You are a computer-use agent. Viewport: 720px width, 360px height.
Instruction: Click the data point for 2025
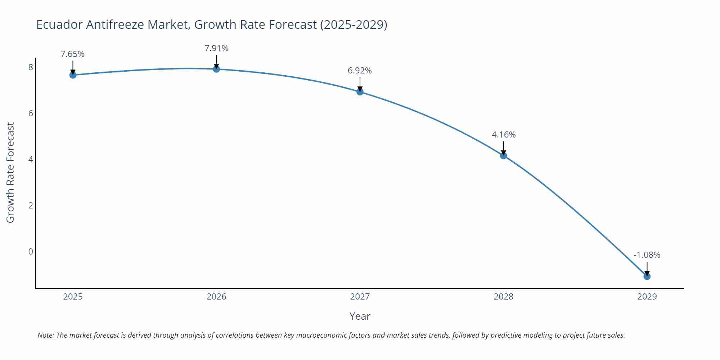pyautogui.click(x=73, y=75)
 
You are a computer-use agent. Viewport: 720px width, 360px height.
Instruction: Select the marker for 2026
pyautogui.click(x=216, y=69)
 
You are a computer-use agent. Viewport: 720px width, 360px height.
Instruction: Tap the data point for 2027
pyautogui.click(x=360, y=92)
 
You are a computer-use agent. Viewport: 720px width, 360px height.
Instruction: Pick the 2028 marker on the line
pyautogui.click(x=503, y=156)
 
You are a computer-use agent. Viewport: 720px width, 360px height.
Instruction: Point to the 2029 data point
pyautogui.click(x=647, y=276)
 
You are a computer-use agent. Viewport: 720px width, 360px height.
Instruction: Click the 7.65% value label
pyautogui.click(x=72, y=54)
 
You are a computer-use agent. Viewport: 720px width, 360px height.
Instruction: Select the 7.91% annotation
pyautogui.click(x=216, y=48)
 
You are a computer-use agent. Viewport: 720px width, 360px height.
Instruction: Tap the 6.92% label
pyautogui.click(x=360, y=71)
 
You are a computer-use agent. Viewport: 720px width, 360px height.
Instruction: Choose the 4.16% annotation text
pyautogui.click(x=503, y=135)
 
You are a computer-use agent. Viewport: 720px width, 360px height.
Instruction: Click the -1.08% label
pyautogui.click(x=647, y=255)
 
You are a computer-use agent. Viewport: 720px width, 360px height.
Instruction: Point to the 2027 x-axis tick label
pyautogui.click(x=360, y=297)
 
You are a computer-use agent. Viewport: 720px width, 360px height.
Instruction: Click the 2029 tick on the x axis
pyautogui.click(x=647, y=297)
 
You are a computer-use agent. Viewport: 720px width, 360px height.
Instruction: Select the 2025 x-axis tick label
pyautogui.click(x=73, y=297)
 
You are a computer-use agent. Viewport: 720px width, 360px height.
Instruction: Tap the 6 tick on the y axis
pyautogui.click(x=31, y=113)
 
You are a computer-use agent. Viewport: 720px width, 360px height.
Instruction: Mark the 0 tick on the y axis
pyautogui.click(x=31, y=251)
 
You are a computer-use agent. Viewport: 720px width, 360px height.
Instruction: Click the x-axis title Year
pyautogui.click(x=360, y=316)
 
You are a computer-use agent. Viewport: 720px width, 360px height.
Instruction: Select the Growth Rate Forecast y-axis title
pyautogui.click(x=10, y=172)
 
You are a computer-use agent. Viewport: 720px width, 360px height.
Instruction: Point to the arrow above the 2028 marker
pyautogui.click(x=503, y=148)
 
